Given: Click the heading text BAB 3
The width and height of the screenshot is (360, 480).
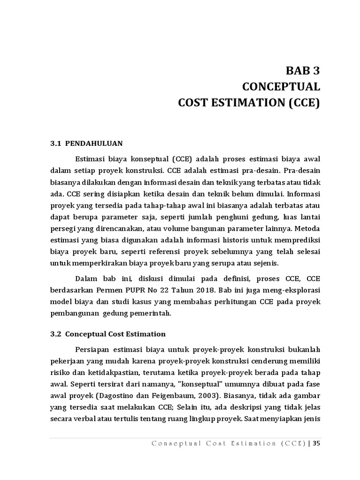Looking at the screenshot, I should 303,71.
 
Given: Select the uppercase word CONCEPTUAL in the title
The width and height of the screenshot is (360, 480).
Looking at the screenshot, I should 281,87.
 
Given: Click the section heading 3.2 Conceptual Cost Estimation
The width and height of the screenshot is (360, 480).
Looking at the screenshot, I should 108,334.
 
